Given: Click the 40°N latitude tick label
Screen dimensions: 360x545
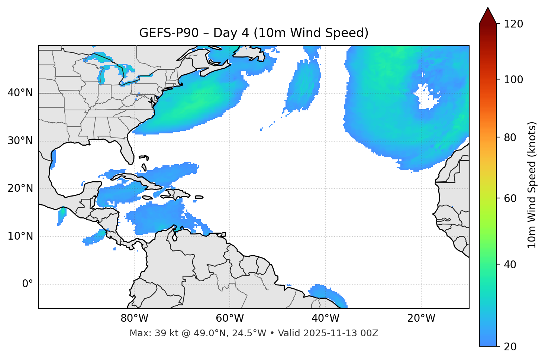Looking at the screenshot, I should point(20,93).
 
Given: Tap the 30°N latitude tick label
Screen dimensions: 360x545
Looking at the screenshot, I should point(20,141).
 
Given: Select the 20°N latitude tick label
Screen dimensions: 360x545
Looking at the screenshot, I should point(20,188).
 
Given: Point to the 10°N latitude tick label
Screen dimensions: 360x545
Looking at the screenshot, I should point(20,236).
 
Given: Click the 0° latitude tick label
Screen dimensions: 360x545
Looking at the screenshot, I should point(28,284).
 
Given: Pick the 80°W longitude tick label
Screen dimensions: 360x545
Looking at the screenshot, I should point(134,318).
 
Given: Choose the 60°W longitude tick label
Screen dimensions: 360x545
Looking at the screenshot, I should point(230,318).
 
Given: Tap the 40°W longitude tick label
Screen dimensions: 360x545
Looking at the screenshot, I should point(325,318).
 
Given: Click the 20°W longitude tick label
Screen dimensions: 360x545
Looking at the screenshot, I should point(421,318).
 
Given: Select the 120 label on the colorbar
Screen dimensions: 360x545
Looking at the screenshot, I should point(513,24).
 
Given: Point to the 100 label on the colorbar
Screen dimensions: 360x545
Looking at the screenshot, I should point(513,80).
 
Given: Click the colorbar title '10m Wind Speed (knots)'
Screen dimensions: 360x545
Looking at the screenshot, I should point(532,185).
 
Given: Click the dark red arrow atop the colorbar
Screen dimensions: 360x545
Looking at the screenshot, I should point(488,16).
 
